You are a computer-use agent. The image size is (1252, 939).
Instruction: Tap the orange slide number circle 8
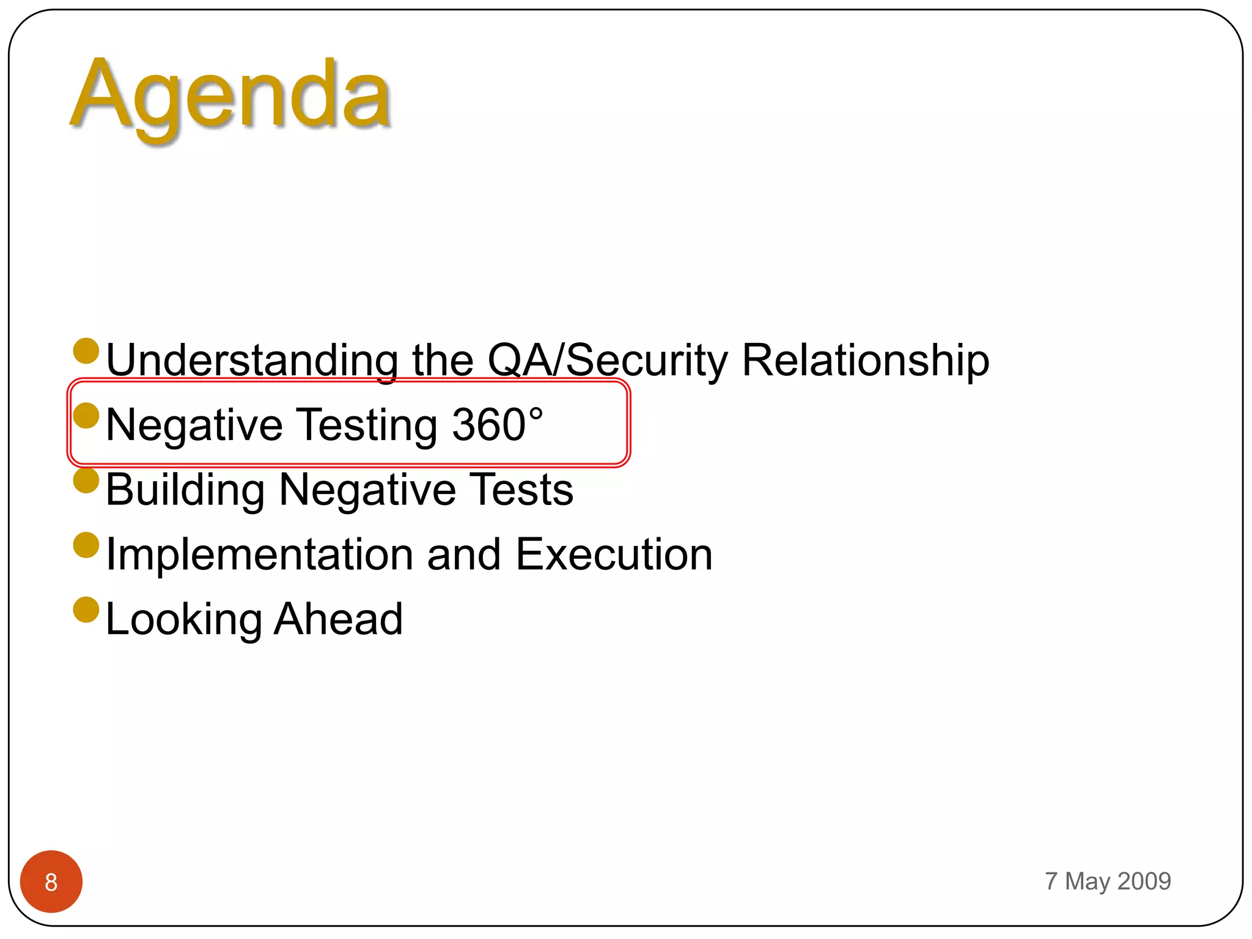pos(51,882)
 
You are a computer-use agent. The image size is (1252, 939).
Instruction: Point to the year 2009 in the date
pos(1144,882)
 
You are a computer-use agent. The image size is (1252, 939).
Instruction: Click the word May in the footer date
pos(1087,882)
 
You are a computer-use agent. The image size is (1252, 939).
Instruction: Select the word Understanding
pos(252,361)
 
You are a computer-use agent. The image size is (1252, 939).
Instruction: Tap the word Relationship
pos(865,361)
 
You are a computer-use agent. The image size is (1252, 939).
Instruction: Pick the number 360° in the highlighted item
pos(497,425)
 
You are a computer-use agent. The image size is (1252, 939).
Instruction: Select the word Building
pos(185,490)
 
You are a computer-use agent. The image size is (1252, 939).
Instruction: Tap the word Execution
pos(614,555)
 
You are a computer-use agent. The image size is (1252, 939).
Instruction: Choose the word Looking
pos(183,620)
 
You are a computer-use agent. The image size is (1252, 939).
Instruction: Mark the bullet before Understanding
pos(86,351)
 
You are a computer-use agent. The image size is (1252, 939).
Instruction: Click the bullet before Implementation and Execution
pos(86,545)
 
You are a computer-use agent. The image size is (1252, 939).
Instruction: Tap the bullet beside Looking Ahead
pos(86,610)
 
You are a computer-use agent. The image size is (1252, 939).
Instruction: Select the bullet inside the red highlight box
pos(86,416)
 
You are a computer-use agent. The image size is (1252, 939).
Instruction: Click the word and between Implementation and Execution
pos(463,555)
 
